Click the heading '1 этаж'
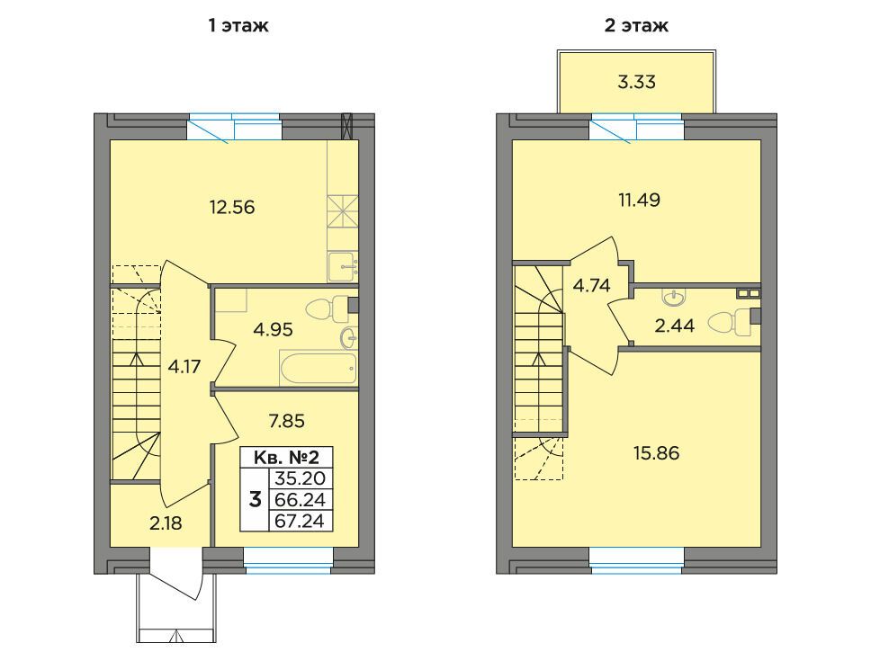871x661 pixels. click(238, 25)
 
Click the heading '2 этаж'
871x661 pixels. click(636, 25)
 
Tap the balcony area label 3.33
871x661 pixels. click(636, 82)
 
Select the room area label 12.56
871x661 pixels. click(231, 207)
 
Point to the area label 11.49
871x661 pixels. click(640, 200)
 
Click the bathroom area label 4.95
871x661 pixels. click(273, 330)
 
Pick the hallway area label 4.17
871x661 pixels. click(184, 367)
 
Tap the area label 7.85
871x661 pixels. click(287, 421)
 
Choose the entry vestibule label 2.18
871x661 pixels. click(166, 523)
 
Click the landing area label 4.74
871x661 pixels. click(591, 285)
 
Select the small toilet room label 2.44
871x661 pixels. click(674, 326)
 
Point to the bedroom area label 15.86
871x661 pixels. click(657, 453)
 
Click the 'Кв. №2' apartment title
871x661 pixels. click(286, 458)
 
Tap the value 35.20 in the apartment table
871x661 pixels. click(300, 478)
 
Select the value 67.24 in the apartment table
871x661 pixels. click(300, 521)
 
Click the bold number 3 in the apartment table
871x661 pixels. click(255, 500)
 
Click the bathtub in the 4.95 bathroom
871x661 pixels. click(318, 368)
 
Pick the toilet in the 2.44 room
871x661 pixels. click(730, 324)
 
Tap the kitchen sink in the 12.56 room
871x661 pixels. click(342, 266)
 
